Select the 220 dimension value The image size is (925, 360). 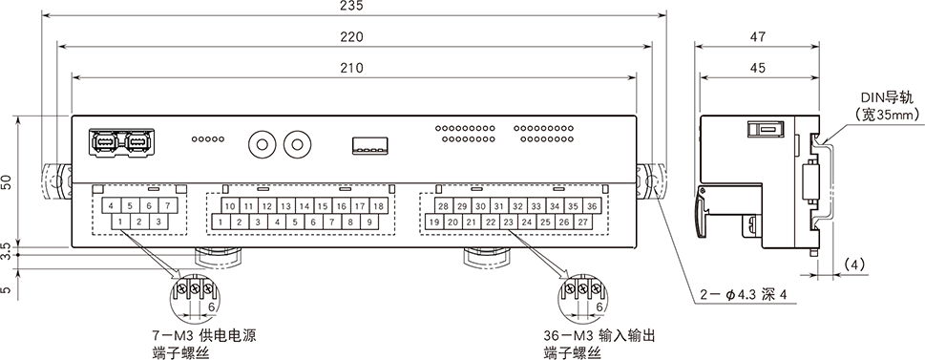click(x=351, y=37)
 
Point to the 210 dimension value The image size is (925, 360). click(x=351, y=68)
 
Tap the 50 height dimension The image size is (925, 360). click(x=8, y=183)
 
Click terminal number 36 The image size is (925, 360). click(x=592, y=206)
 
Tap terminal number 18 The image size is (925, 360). click(x=378, y=206)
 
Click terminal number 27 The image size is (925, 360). click(x=582, y=222)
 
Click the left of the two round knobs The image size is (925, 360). click(x=260, y=144)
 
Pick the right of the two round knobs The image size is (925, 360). click(x=299, y=144)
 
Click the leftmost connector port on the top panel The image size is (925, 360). click(x=104, y=142)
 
